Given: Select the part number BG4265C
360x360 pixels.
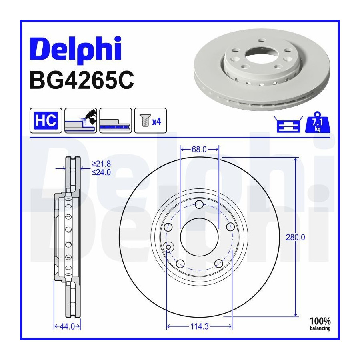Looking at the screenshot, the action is coord(82,80).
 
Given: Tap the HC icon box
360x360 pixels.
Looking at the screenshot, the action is coord(46,120).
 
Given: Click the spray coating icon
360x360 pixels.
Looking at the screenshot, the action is coord(81,120).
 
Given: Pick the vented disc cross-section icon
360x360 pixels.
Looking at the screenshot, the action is coord(116,120).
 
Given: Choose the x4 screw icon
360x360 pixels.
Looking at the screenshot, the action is coord(150,120).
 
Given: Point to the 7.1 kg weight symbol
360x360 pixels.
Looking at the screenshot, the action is coord(318,122).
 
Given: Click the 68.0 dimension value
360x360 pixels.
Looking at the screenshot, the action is coord(199,150).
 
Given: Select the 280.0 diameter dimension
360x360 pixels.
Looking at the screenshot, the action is coord(296,237).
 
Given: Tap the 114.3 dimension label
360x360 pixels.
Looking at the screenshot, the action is coord(200,326).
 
